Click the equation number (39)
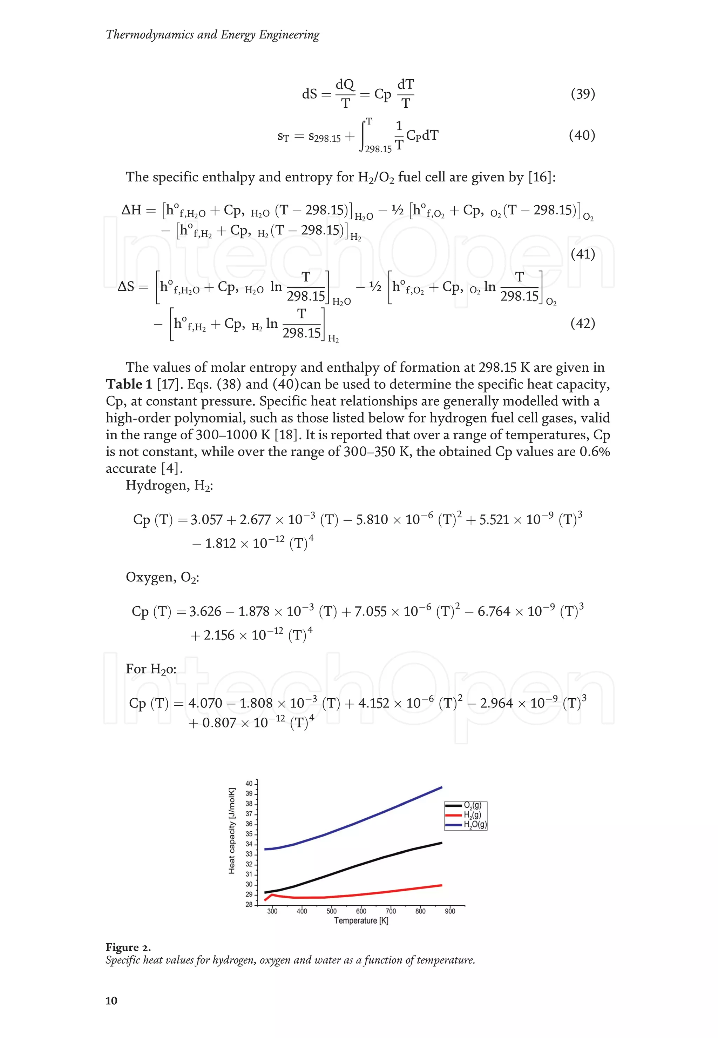[583, 94]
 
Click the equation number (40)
[582, 135]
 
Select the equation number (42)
[583, 323]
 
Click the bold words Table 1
[129, 384]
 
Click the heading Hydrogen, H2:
[169, 485]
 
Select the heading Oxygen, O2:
[162, 577]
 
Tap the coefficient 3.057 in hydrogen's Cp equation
[206, 520]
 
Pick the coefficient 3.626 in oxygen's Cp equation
[205, 612]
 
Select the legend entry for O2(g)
[472, 805]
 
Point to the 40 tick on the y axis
[249, 783]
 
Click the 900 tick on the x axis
[450, 911]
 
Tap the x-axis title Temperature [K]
[361, 920]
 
